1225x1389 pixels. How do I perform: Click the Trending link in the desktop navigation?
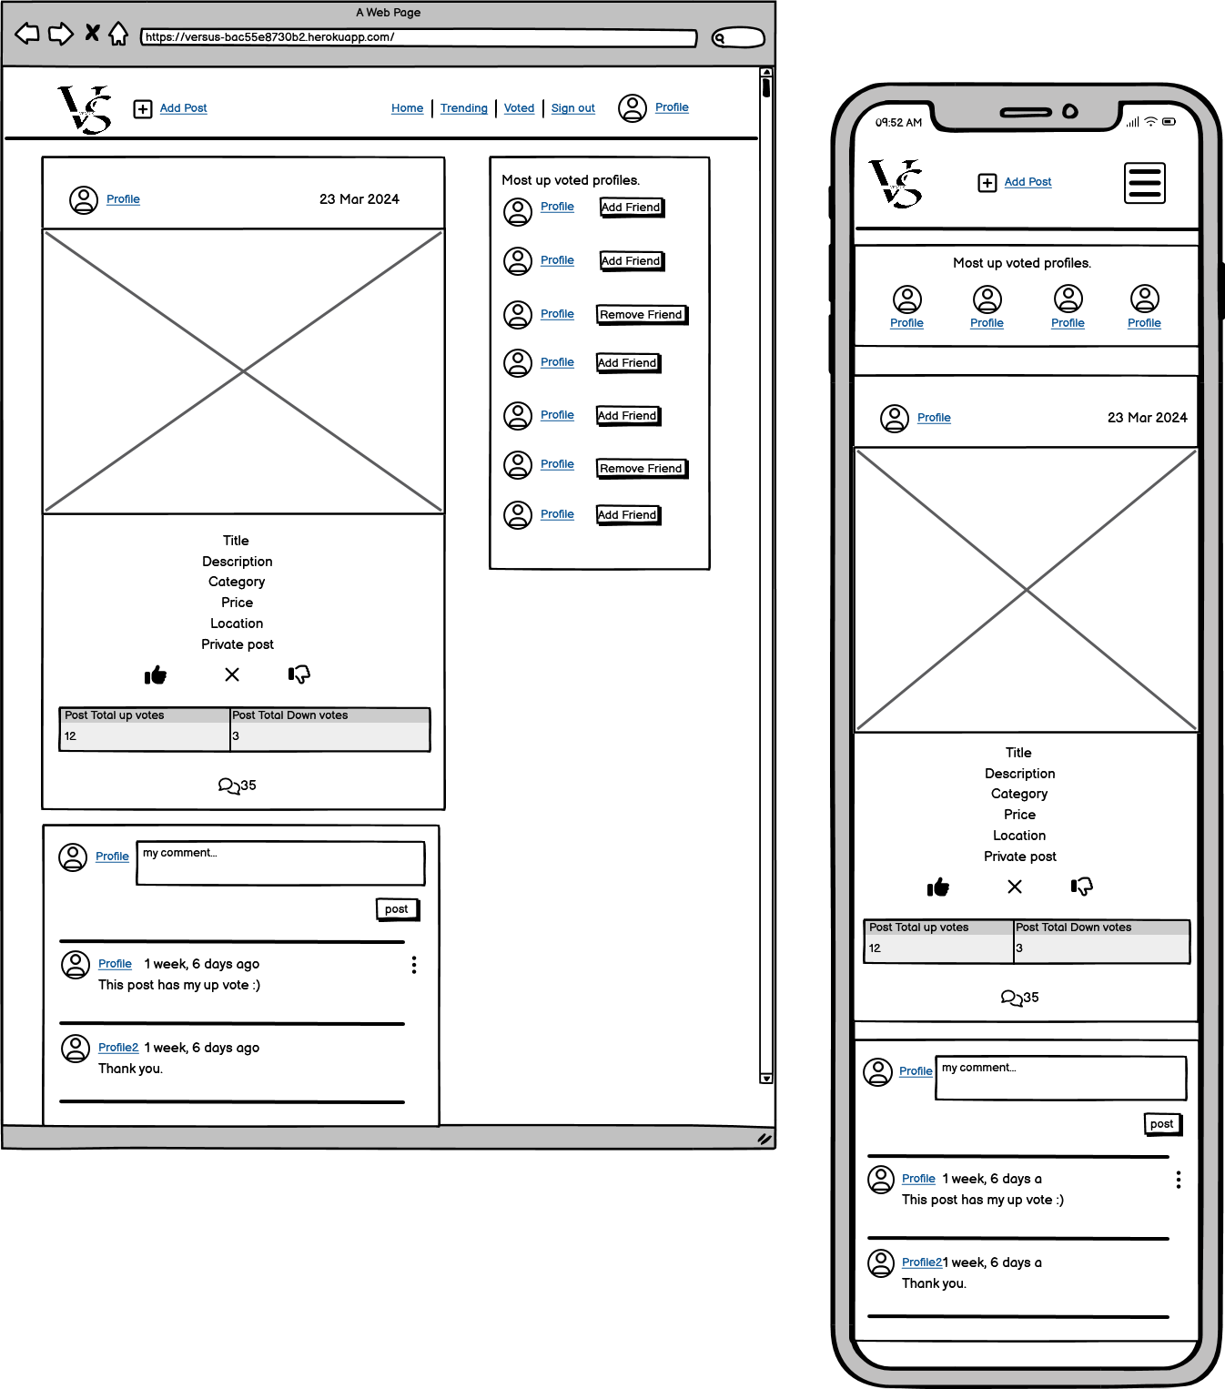click(463, 108)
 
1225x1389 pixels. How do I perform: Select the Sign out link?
click(572, 108)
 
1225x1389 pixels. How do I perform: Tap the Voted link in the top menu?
click(519, 108)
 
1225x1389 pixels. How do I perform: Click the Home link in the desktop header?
click(407, 108)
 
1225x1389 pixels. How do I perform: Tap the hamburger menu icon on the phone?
click(1144, 183)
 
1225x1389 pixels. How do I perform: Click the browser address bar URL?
click(269, 37)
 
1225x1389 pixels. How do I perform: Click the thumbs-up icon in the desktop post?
click(156, 675)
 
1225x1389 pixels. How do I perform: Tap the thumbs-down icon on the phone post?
click(1082, 887)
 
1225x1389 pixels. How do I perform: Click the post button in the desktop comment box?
click(397, 909)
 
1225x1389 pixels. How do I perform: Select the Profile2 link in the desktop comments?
click(118, 1047)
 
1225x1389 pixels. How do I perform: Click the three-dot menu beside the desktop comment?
click(413, 965)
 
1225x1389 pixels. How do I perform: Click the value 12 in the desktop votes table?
click(70, 735)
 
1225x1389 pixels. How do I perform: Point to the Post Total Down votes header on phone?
click(1074, 927)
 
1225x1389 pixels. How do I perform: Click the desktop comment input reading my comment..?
click(280, 863)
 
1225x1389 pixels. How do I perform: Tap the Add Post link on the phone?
click(1028, 182)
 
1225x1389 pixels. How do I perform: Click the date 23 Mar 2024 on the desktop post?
click(359, 198)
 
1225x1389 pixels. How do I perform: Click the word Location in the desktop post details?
click(237, 624)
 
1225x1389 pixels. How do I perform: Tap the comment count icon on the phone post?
click(1011, 999)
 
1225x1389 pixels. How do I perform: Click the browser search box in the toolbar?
click(738, 37)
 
